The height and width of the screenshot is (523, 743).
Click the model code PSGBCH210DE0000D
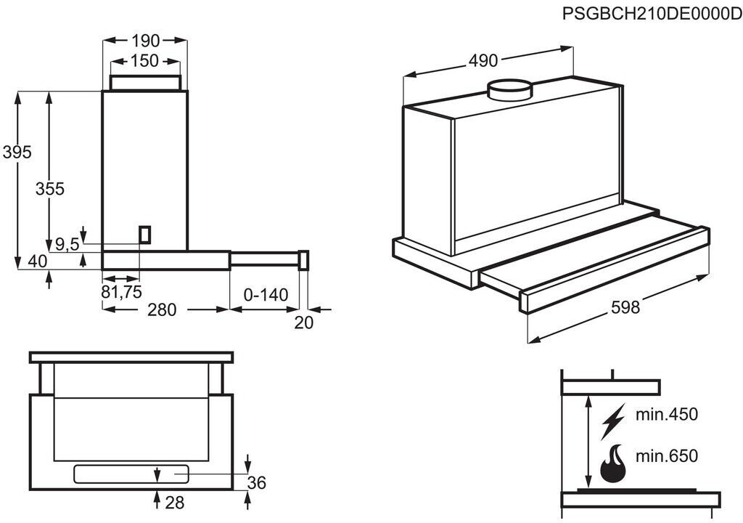(652, 14)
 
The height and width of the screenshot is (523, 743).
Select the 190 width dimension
(145, 41)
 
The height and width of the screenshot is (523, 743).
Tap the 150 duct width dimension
(145, 61)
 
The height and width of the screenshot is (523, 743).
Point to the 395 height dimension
(17, 152)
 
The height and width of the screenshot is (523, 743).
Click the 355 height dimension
(50, 189)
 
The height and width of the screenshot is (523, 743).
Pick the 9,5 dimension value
(67, 244)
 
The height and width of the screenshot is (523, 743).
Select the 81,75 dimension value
(122, 292)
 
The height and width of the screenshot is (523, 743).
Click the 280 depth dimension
(162, 310)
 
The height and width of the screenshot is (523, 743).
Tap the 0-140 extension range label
(266, 295)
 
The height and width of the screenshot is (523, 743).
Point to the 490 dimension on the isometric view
(483, 60)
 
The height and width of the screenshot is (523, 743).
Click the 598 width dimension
(625, 307)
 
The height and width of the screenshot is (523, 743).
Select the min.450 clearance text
(667, 414)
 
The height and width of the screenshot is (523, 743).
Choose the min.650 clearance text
(667, 456)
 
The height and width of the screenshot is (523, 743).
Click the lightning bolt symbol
(613, 421)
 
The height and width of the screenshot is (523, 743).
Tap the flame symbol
(613, 463)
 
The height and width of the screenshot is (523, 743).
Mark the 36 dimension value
(257, 482)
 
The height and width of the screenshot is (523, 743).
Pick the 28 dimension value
(174, 503)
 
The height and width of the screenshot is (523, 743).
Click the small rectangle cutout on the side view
(145, 235)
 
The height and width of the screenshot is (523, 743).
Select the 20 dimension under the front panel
(304, 323)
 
